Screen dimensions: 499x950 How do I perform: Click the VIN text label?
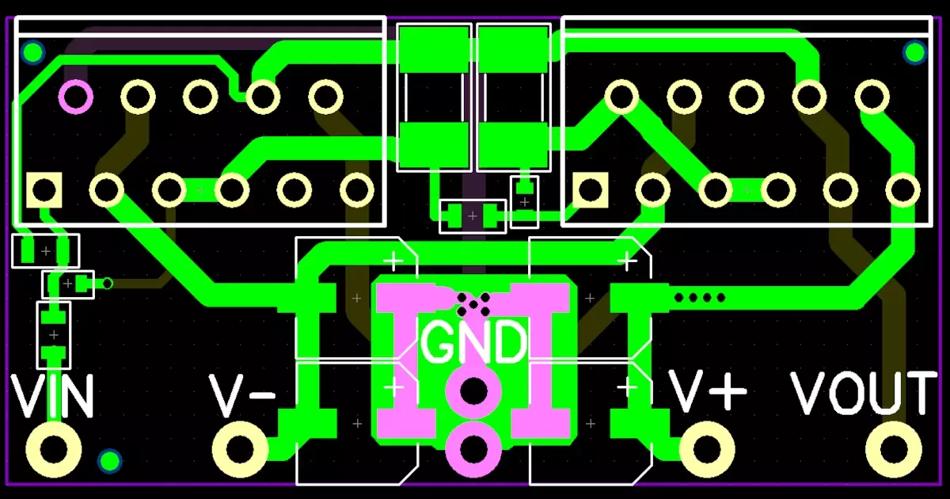tap(53, 397)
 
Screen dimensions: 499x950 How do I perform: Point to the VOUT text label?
tap(864, 393)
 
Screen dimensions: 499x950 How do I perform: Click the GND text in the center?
tap(473, 342)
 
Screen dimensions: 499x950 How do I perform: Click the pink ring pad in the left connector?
tap(75, 97)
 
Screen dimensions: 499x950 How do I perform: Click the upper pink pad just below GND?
tap(473, 390)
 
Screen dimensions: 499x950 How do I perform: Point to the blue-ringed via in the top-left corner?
tap(32, 53)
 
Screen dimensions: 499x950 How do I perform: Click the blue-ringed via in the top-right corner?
tap(914, 53)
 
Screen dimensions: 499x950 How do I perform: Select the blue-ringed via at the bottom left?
tap(108, 461)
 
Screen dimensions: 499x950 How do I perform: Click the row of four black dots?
tap(699, 298)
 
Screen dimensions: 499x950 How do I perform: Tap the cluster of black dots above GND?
tap(473, 301)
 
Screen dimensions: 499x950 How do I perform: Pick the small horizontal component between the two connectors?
tap(473, 215)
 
